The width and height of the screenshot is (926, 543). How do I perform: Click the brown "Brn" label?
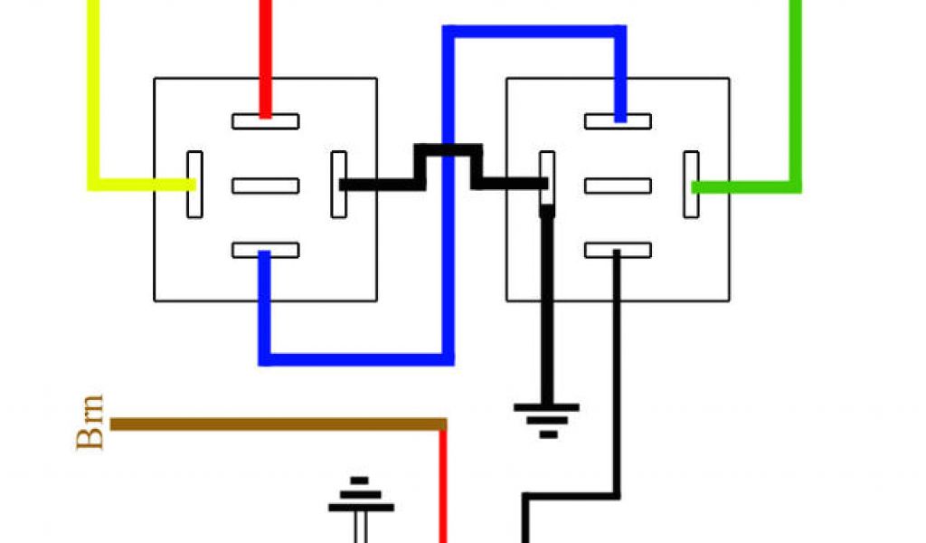tap(91, 423)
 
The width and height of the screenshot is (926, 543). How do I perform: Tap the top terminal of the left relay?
tap(265, 121)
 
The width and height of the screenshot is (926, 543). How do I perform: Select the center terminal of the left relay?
tap(265, 186)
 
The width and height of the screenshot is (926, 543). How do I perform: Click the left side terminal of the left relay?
tap(194, 185)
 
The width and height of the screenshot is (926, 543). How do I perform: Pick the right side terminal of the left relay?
tap(338, 185)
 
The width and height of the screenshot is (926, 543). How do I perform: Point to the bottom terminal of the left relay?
tap(265, 250)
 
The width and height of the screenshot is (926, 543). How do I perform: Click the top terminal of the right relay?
tap(618, 121)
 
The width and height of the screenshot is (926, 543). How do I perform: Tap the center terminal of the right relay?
tap(618, 186)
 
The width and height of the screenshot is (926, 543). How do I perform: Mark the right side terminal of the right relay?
tap(691, 185)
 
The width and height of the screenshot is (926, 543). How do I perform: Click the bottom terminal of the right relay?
tap(618, 250)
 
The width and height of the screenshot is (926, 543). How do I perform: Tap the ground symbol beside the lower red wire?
tap(361, 498)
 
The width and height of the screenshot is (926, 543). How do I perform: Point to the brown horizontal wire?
tap(271, 424)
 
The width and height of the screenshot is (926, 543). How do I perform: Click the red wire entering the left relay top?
tap(265, 54)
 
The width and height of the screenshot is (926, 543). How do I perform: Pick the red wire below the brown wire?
tap(443, 489)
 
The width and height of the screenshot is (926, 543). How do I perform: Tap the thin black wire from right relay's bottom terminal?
tap(618, 380)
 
